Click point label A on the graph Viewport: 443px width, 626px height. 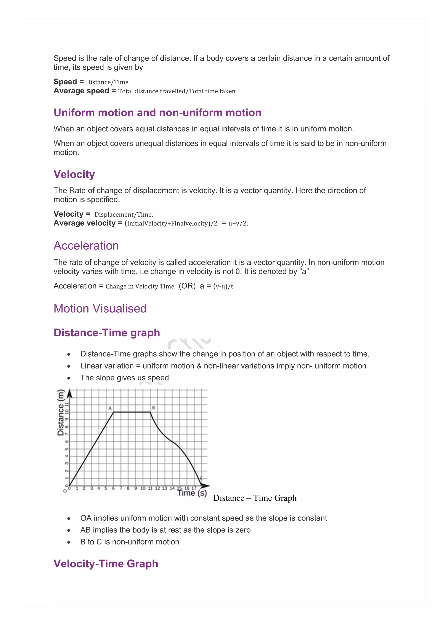tap(110, 408)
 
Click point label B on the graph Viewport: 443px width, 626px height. tap(153, 408)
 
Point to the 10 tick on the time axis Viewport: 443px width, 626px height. tap(143, 488)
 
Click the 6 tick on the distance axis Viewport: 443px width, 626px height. tap(67, 441)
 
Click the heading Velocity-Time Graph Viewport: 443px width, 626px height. tap(106, 563)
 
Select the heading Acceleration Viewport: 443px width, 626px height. tap(86, 246)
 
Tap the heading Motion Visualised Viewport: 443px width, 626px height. tap(100, 309)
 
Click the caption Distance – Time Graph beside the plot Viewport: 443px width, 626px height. tap(255, 498)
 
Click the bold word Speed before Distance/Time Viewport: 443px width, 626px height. tap(65, 82)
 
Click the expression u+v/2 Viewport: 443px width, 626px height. tap(238, 224)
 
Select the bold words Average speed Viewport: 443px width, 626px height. tap(81, 91)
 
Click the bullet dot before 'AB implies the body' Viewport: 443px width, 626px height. tap(69, 530)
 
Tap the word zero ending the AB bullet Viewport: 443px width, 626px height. tap(243, 530)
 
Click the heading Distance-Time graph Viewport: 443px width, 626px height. tap(107, 333)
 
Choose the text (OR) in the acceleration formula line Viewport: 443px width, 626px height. tap(187, 286)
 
